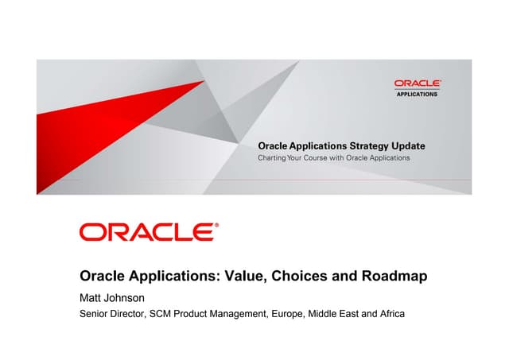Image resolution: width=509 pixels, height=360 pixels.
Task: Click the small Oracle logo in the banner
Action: pyautogui.click(x=418, y=83)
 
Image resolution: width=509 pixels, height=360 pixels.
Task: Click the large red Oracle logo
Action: pyautogui.click(x=146, y=232)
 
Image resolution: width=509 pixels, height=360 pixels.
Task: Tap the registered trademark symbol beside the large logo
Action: pyautogui.click(x=217, y=226)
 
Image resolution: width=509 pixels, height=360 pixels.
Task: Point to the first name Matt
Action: pyautogui.click(x=92, y=298)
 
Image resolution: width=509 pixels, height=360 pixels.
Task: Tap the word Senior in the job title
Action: pyautogui.click(x=95, y=314)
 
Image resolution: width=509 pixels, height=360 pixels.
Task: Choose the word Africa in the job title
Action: pyautogui.click(x=390, y=314)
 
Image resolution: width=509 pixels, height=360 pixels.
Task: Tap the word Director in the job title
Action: pyautogui.click(x=132, y=314)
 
